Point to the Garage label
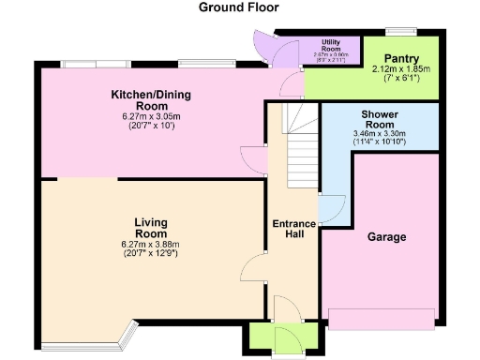coord(386,237)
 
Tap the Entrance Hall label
coord(293,230)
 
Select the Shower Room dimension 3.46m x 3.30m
coord(380,135)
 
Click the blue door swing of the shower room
coord(330,208)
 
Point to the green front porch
coord(275,339)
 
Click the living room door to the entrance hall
coord(252,274)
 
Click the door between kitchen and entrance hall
coord(251,159)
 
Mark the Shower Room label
coord(380,119)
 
